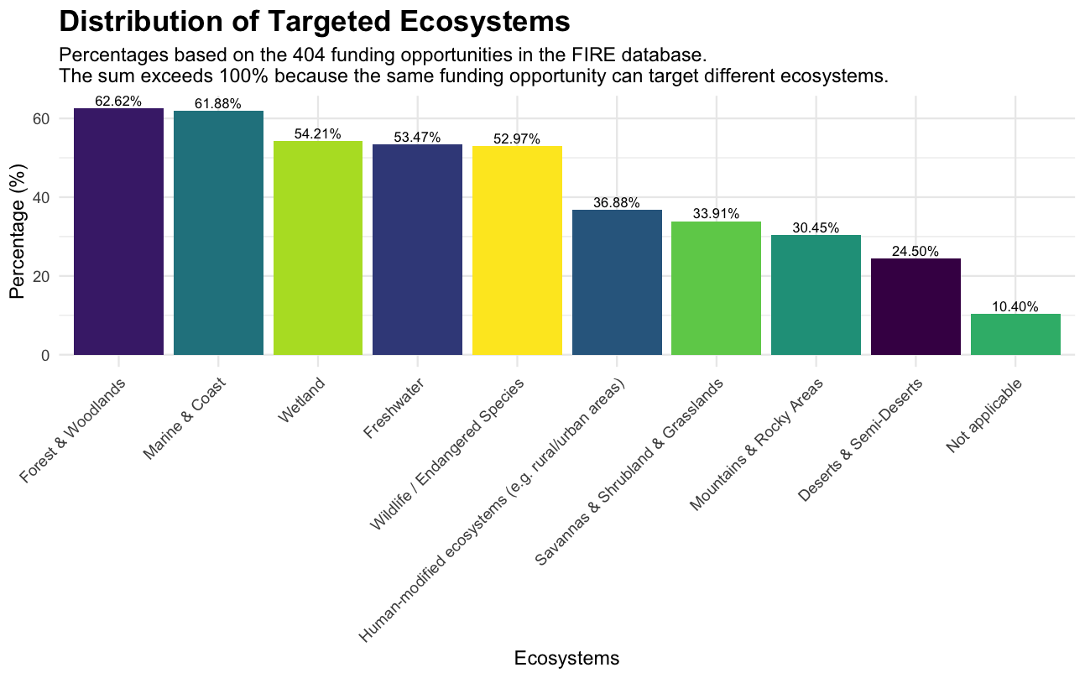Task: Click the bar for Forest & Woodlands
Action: tap(118, 232)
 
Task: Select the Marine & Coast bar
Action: tap(218, 233)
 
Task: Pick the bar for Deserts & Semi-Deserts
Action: tap(915, 307)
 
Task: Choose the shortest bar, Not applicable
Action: tap(1015, 335)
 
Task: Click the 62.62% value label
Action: tap(118, 102)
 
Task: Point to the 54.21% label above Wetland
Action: tap(317, 134)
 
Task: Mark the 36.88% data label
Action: tap(616, 203)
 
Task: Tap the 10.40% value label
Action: tap(1015, 307)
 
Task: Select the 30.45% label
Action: tap(816, 228)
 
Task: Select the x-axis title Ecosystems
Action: tap(566, 659)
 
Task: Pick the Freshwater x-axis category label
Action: tap(394, 409)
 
